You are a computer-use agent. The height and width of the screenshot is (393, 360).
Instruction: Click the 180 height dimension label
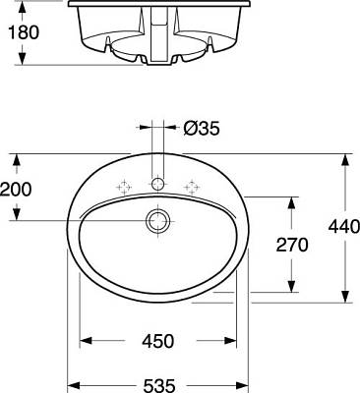click(x=24, y=32)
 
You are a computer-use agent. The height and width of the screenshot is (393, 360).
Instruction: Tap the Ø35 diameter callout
click(x=202, y=128)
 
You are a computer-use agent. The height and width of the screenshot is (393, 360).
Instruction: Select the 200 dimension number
click(x=16, y=190)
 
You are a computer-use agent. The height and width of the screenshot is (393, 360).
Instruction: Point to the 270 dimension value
click(x=292, y=245)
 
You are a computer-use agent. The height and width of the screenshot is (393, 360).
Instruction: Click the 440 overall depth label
click(x=344, y=227)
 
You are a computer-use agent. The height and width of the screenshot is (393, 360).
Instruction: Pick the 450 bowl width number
click(x=158, y=341)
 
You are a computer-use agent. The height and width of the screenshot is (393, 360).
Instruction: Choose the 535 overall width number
click(x=159, y=386)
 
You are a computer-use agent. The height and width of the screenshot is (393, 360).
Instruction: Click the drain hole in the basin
click(x=158, y=221)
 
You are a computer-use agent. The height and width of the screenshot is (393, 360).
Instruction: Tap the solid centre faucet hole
click(x=158, y=184)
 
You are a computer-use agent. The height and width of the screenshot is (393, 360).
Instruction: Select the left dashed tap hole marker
click(x=124, y=188)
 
